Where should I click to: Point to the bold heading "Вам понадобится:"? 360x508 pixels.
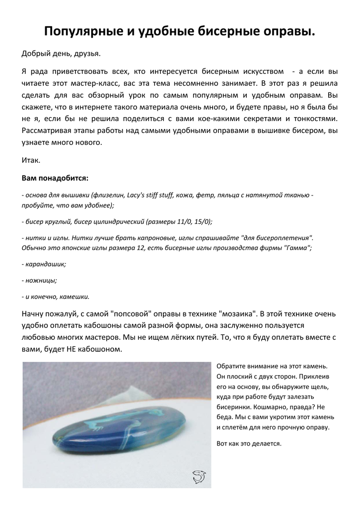click(55, 178)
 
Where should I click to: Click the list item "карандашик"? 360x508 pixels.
click(44, 264)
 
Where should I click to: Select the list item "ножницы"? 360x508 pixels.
click(40, 280)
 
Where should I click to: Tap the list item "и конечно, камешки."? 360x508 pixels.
click(56, 297)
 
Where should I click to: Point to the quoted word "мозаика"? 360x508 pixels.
click(238, 314)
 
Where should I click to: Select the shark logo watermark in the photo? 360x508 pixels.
click(199, 477)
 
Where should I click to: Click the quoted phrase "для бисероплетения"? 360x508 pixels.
click(276, 238)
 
